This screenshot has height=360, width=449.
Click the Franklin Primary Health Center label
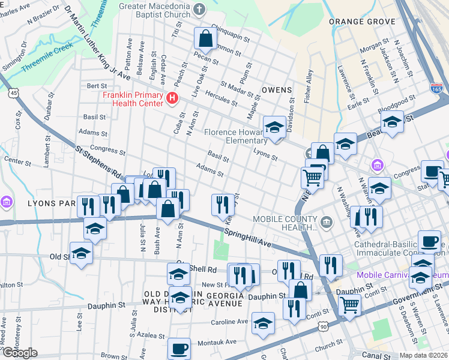[132, 99]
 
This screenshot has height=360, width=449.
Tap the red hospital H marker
[173, 98]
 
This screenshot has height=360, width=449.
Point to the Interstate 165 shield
[436, 89]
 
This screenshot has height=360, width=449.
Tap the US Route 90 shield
[324, 326]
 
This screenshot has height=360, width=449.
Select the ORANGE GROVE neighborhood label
[362, 22]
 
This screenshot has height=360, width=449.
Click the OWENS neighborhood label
[277, 90]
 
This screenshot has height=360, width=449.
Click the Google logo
[20, 352]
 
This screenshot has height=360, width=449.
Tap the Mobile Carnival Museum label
[402, 275]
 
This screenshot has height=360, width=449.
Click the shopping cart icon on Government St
[349, 304]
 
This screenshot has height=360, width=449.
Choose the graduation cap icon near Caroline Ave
[263, 323]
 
